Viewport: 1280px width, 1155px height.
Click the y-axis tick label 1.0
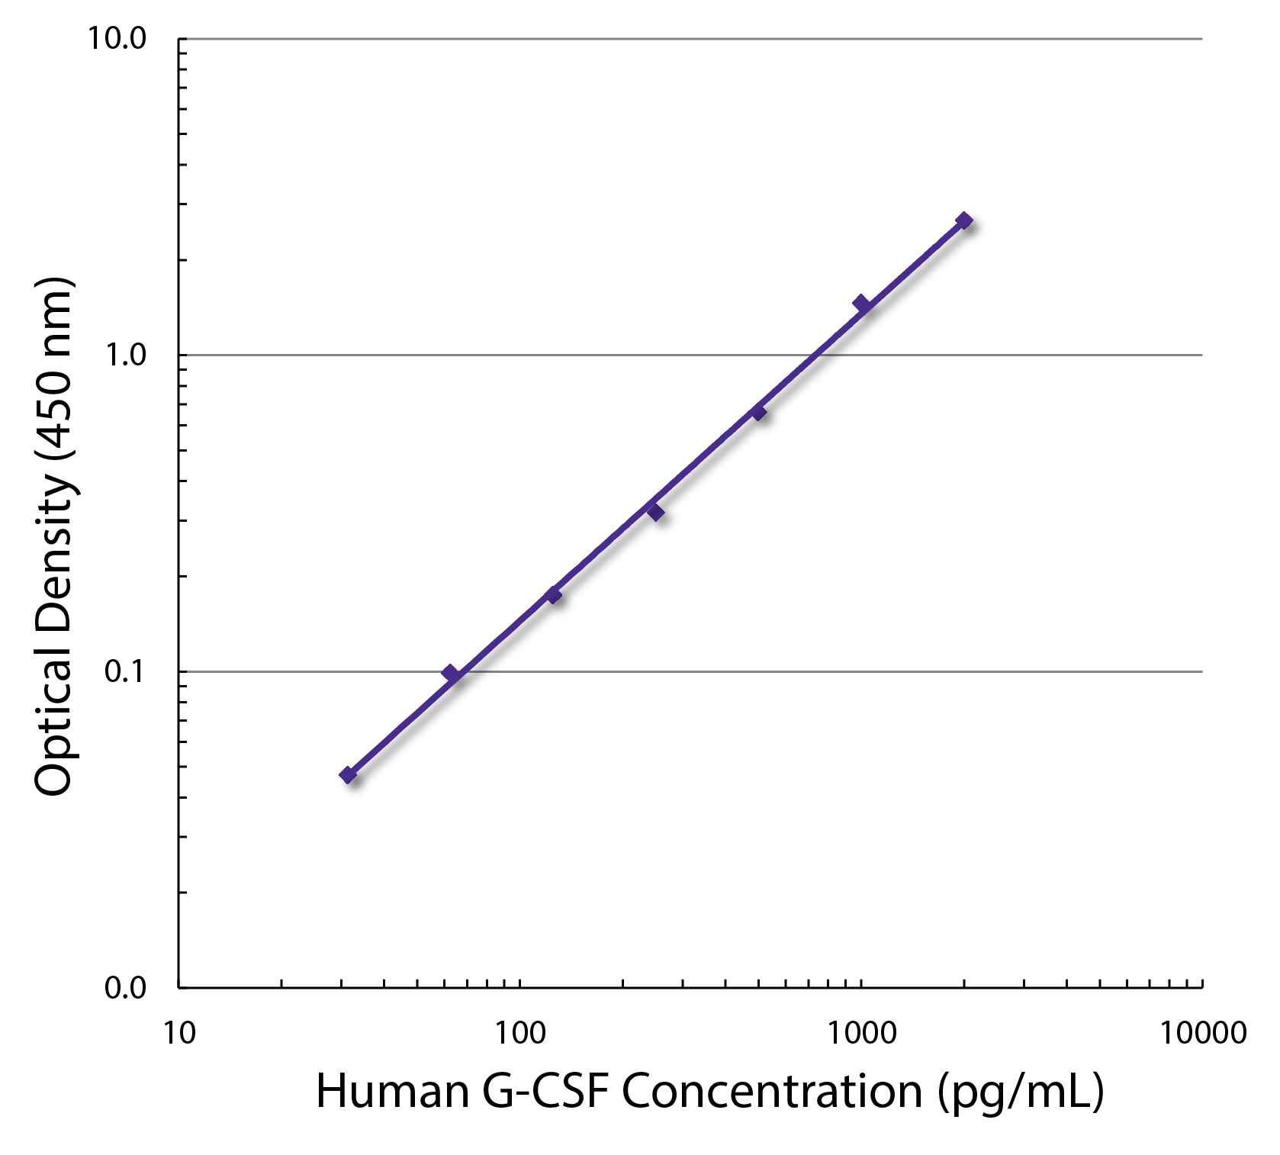(x=125, y=356)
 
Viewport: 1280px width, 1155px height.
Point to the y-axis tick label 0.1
(x=125, y=672)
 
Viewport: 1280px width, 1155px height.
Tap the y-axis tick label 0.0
(x=125, y=989)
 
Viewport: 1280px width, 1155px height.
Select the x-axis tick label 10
(x=179, y=1033)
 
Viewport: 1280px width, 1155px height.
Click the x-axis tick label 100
(x=520, y=1033)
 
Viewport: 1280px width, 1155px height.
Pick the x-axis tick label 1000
(x=861, y=1033)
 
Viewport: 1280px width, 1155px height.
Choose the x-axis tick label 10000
(x=1203, y=1033)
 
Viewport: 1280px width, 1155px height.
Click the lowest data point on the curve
(x=349, y=776)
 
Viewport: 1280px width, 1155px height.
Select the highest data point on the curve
(x=964, y=220)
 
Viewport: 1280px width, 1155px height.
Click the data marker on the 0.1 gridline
(x=451, y=673)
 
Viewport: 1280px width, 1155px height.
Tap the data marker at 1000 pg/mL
(x=861, y=304)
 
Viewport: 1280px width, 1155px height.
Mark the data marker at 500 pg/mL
(x=758, y=412)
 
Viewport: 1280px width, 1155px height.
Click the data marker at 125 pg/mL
(x=553, y=595)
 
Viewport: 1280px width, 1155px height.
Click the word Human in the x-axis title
(x=391, y=1091)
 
